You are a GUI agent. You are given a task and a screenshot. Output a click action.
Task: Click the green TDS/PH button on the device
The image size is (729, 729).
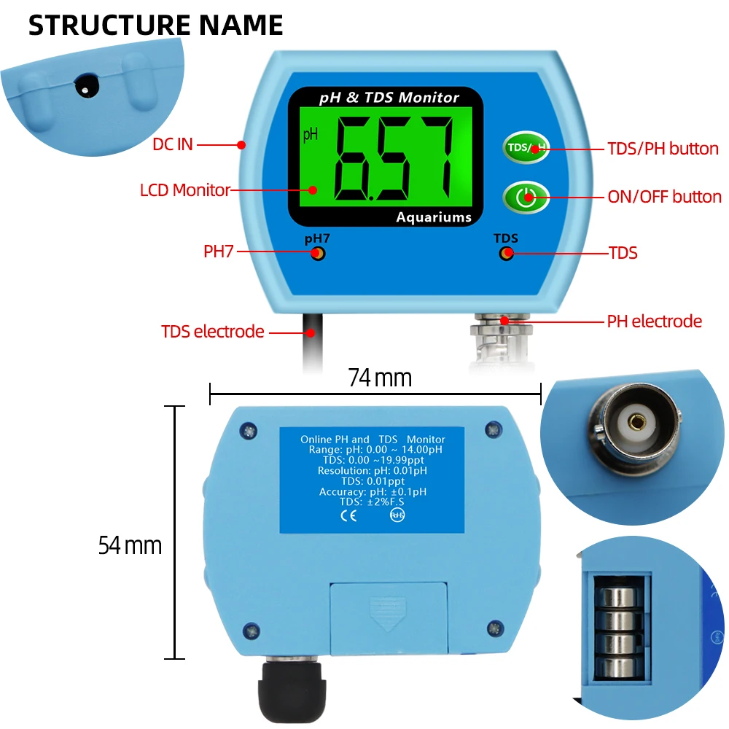tap(526, 147)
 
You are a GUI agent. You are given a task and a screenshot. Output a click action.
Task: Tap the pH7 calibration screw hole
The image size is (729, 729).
tap(318, 254)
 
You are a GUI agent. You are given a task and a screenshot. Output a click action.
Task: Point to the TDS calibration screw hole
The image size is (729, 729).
tap(507, 254)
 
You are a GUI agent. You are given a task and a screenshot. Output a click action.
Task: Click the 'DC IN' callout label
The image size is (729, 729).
tap(173, 144)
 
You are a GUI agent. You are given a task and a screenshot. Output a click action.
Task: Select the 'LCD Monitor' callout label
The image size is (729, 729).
tap(185, 190)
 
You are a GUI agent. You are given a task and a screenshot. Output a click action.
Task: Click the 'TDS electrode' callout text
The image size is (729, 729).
tap(212, 332)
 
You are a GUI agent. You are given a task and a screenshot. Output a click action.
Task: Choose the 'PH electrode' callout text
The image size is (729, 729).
tap(654, 321)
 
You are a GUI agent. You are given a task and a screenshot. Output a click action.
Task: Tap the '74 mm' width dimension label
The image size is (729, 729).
tap(380, 378)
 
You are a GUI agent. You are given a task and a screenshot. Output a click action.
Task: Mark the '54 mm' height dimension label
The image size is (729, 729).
tap(130, 545)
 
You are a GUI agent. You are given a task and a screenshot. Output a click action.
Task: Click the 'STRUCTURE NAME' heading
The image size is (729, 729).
tap(156, 25)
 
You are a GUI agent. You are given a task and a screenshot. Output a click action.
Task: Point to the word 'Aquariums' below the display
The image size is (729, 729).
tap(434, 217)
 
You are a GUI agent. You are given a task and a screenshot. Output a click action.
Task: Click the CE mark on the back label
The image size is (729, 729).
tap(348, 515)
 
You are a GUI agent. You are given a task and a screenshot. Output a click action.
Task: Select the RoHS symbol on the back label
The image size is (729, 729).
tap(397, 515)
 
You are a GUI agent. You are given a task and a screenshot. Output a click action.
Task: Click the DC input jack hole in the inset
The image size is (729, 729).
tap(87, 86)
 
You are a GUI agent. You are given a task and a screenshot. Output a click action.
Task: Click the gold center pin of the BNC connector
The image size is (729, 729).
tap(636, 422)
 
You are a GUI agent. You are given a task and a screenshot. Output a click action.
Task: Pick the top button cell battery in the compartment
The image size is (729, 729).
tap(619, 596)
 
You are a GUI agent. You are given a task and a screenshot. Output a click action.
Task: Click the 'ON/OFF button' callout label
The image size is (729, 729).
tap(664, 197)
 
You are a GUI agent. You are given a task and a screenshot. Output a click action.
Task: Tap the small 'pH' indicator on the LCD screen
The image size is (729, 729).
tap(311, 135)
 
